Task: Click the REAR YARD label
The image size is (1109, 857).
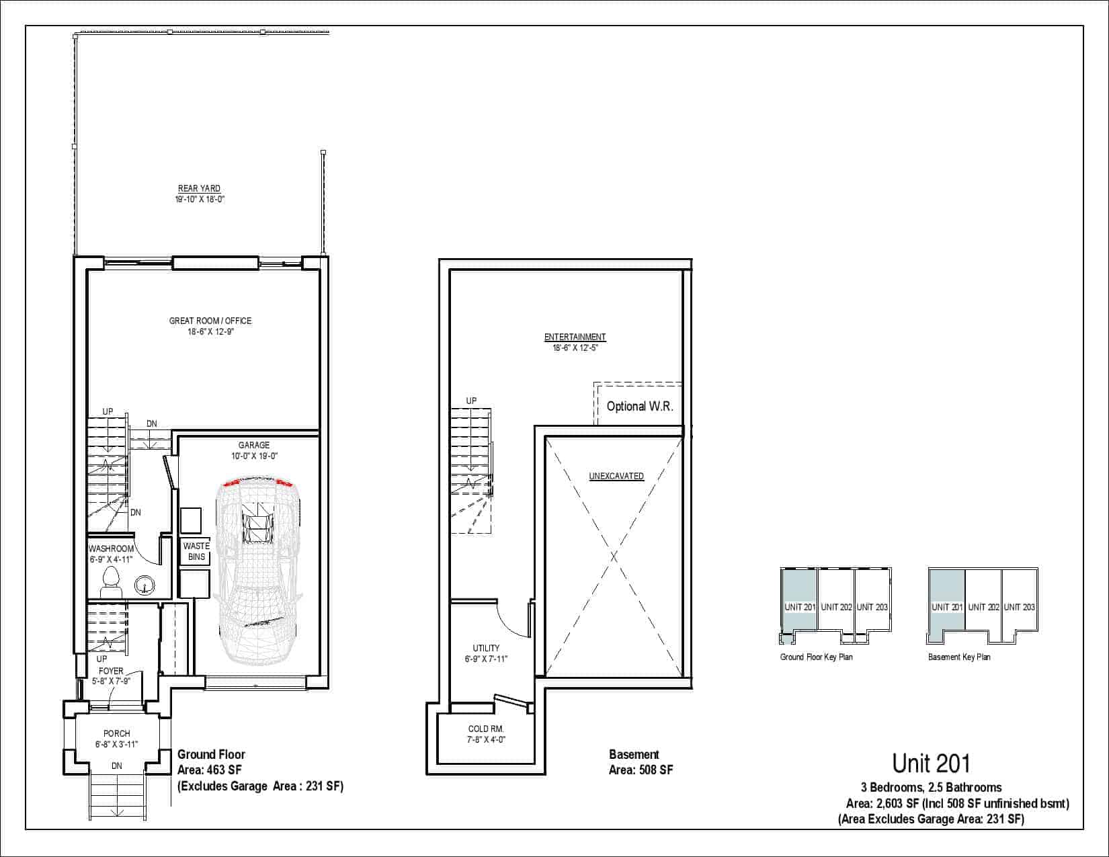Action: click(x=199, y=188)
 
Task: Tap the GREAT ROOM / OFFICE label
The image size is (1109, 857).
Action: click(x=210, y=321)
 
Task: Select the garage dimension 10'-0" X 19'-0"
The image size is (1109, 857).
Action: click(x=254, y=456)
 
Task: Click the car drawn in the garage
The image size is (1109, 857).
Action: click(x=259, y=570)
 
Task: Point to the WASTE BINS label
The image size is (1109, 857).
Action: click(x=196, y=551)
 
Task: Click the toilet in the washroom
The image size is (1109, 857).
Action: click(x=112, y=582)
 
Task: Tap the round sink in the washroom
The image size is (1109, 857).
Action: click(x=145, y=585)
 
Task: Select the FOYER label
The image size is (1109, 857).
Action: click(x=112, y=671)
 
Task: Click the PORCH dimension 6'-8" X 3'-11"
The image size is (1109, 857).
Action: click(x=116, y=744)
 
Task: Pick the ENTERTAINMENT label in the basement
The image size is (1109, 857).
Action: click(x=575, y=337)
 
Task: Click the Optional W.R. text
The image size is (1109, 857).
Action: click(x=640, y=406)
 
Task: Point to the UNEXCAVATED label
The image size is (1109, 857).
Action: click(x=616, y=477)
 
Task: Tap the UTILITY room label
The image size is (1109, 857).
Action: click(x=486, y=648)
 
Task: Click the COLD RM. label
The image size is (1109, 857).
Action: click(x=486, y=729)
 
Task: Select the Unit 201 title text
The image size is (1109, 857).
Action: click(x=931, y=764)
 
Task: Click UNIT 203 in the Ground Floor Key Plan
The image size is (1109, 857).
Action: click(x=872, y=608)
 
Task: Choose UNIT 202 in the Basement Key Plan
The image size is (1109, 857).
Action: click(x=983, y=608)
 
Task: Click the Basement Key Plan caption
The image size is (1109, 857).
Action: click(x=959, y=657)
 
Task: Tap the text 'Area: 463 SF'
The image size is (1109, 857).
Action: click(x=209, y=770)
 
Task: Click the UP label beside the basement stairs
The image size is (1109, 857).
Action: click(x=471, y=401)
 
